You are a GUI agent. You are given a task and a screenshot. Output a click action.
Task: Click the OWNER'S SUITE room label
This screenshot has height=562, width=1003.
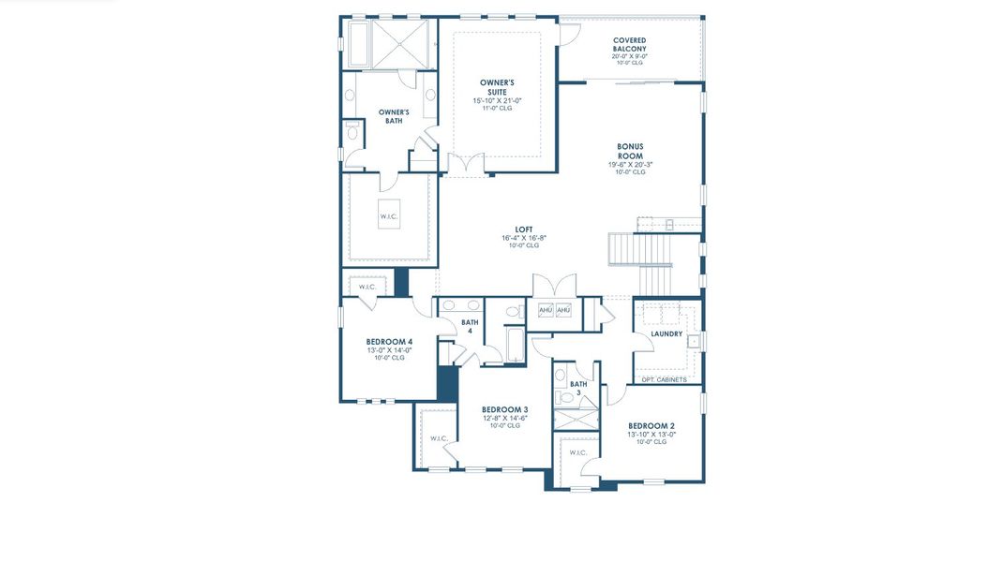[496, 87]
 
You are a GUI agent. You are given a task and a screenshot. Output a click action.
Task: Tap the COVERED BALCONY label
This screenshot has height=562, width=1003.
[629, 44]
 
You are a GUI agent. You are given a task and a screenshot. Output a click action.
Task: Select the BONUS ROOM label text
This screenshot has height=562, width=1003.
[630, 151]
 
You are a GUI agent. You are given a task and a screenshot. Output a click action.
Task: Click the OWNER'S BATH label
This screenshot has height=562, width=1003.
[394, 116]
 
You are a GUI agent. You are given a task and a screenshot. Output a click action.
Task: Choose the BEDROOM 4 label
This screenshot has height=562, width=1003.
[389, 342]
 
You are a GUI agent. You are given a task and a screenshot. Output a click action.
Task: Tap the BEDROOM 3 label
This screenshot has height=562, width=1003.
[504, 409]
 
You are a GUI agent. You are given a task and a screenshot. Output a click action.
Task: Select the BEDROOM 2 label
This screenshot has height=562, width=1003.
[651, 425]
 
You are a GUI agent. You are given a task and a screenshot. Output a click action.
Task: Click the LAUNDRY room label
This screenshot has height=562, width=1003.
[666, 333]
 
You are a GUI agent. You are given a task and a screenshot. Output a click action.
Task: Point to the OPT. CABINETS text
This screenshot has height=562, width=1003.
[665, 379]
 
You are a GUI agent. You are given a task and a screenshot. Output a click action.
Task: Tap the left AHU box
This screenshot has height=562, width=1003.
[546, 310]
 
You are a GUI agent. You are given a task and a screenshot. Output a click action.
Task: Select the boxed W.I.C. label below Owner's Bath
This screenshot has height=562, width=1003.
[389, 217]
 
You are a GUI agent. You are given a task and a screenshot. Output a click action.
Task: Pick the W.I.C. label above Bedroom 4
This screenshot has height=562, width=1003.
[367, 287]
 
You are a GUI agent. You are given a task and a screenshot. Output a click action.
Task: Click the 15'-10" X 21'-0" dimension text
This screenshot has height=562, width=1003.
[496, 100]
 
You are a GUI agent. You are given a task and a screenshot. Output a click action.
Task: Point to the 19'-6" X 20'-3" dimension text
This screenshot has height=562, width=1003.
[630, 165]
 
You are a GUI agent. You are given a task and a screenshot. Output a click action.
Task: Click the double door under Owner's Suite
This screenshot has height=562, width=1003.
[468, 165]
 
